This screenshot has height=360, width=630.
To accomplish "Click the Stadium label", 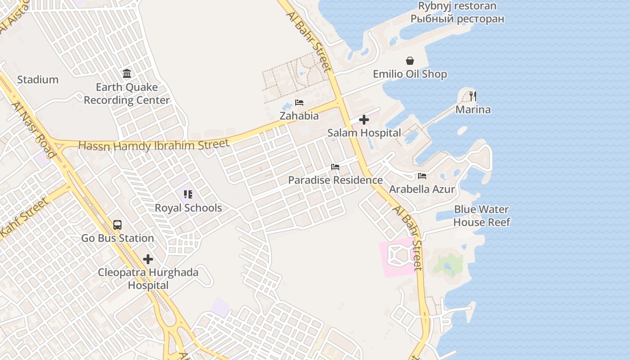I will (38, 80).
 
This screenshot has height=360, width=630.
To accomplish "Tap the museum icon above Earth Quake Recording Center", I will (127, 73).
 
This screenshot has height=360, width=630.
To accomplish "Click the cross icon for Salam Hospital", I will (364, 120).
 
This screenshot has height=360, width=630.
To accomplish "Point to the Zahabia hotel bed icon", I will (299, 103).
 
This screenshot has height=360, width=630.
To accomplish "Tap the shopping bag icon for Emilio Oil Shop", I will (410, 61).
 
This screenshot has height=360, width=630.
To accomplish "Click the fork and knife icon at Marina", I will (473, 96).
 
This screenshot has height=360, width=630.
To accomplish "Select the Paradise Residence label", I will (335, 180).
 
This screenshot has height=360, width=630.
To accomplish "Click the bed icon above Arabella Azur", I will (422, 176).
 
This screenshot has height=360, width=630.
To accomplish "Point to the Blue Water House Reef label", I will (481, 216).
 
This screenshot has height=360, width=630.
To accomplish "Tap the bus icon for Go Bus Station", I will (117, 225).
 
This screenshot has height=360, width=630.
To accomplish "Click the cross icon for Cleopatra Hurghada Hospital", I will (148, 259).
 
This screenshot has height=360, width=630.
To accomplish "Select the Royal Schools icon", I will (188, 194).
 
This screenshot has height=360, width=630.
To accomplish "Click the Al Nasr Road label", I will (34, 130).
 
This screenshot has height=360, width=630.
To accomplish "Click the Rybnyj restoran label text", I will (457, 6).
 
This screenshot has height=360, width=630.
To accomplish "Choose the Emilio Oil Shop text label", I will (410, 74).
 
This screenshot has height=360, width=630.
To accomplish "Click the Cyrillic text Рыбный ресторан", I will (457, 19).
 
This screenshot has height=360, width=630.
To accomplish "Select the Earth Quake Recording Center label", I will (127, 94).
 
